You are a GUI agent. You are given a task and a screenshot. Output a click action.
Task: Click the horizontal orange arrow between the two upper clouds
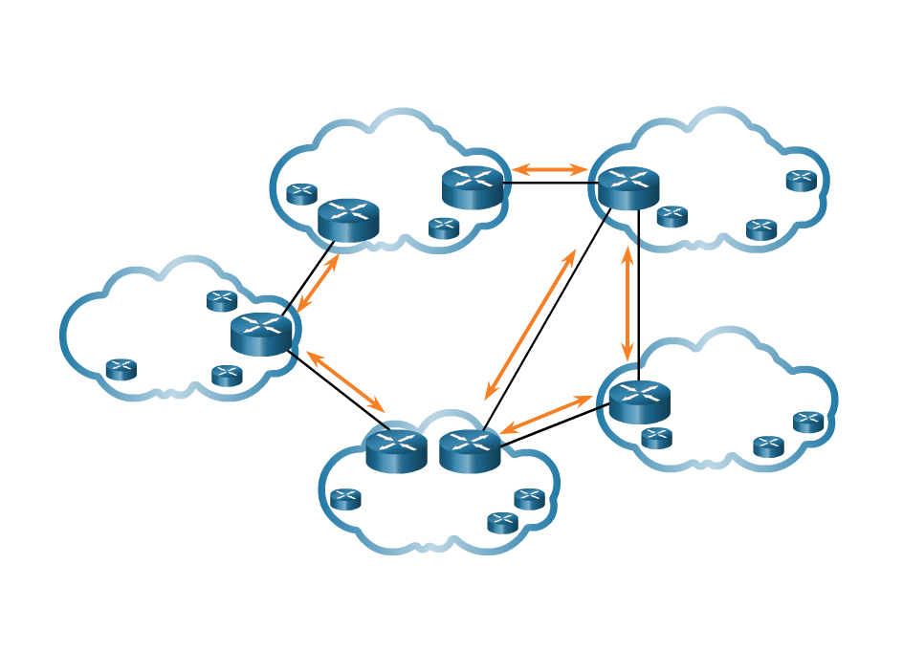pyautogui.click(x=549, y=170)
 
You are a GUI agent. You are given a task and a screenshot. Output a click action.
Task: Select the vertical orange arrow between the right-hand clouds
pyautogui.click(x=628, y=304)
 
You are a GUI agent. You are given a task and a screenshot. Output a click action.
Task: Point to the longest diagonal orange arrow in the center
pyautogui.click(x=531, y=325)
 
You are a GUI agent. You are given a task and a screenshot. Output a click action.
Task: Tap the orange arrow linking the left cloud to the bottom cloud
pyautogui.click(x=344, y=381)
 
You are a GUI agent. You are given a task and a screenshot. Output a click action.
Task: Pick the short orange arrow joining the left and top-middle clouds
pyautogui.click(x=319, y=283)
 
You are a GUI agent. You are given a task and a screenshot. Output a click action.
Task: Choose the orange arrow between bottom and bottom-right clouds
pyautogui.click(x=547, y=415)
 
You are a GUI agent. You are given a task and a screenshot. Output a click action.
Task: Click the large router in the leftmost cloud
pyautogui.click(x=261, y=335)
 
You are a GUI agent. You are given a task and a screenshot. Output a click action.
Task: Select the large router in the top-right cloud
pyautogui.click(x=628, y=187)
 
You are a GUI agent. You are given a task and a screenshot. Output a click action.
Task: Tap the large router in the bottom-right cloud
pyautogui.click(x=639, y=401)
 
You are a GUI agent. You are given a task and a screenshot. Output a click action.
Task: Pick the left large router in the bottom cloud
pyautogui.click(x=396, y=450)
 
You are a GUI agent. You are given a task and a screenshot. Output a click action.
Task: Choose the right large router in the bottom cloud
pyautogui.click(x=470, y=450)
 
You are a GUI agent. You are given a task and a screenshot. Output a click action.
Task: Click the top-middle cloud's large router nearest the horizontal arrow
pyautogui.click(x=473, y=187)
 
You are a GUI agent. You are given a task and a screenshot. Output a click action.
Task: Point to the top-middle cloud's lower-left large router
pyautogui.click(x=348, y=220)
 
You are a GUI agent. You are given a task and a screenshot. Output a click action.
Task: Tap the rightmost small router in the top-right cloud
pyautogui.click(x=802, y=181)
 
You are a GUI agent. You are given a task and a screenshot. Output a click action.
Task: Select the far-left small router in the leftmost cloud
pyautogui.click(x=121, y=369)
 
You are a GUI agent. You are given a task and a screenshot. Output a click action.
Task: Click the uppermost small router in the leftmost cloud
pyautogui.click(x=222, y=300)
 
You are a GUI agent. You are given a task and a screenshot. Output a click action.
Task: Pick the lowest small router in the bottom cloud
pyautogui.click(x=502, y=523)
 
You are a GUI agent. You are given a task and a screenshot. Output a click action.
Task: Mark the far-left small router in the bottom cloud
pyautogui.click(x=345, y=499)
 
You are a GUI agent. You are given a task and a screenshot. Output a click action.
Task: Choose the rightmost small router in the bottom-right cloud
pyautogui.click(x=808, y=422)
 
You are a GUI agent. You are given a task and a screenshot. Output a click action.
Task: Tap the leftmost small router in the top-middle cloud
pyautogui.click(x=301, y=194)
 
